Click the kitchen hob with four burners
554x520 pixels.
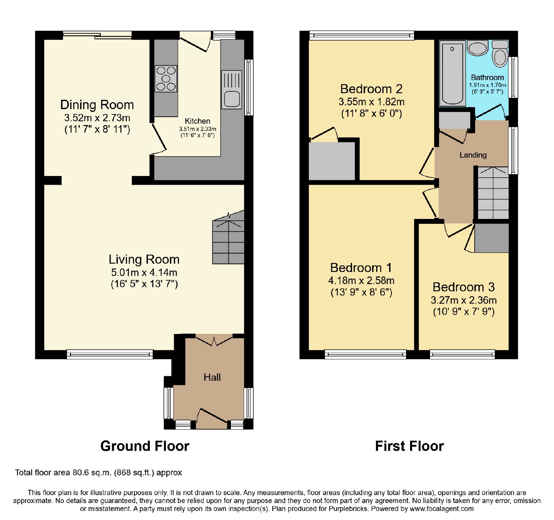click(166, 79)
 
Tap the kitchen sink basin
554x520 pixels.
click(232, 98)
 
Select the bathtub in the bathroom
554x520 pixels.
click(452, 74)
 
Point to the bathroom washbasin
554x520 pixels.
click(477, 48)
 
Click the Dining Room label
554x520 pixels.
click(97, 105)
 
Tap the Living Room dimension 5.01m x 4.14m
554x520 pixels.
click(144, 272)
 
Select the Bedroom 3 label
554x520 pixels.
click(464, 287)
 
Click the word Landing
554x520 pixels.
click(473, 155)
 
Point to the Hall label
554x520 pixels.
click(212, 377)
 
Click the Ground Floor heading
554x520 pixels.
click(145, 446)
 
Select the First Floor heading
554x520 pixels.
click(409, 446)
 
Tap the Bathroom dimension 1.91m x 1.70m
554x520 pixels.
click(488, 85)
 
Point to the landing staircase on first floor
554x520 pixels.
click(493, 193)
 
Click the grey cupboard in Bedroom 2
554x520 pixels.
click(332, 161)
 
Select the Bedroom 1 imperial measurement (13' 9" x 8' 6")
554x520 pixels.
click(361, 292)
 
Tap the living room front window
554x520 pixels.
click(110, 354)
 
